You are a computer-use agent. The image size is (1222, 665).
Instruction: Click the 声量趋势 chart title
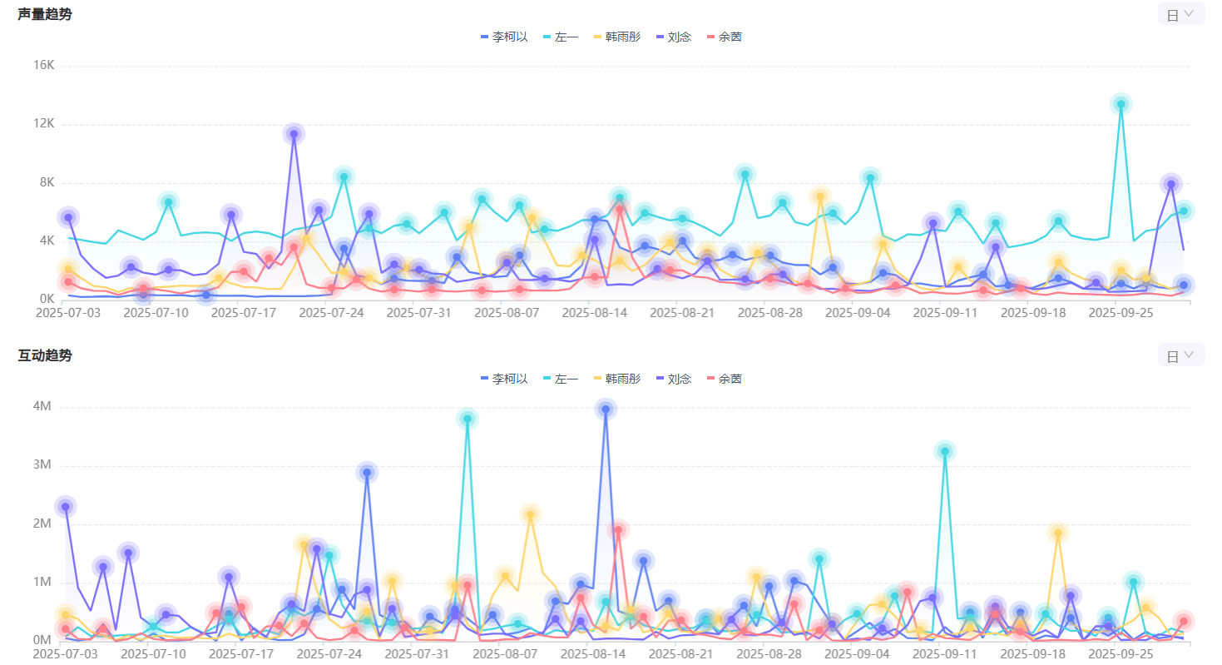pyautogui.click(x=45, y=14)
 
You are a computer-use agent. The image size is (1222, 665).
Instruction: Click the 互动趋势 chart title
pyautogui.click(x=45, y=355)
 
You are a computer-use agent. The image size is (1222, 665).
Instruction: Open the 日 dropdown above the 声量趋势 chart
pyautogui.click(x=1180, y=14)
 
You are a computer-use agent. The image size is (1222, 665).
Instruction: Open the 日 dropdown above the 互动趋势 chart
pyautogui.click(x=1180, y=355)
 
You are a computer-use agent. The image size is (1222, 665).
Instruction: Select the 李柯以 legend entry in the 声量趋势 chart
pyautogui.click(x=504, y=37)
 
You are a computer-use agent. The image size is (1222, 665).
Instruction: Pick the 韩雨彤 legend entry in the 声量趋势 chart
pyautogui.click(x=617, y=37)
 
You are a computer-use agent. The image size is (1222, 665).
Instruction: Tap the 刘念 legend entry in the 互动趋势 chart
pyautogui.click(x=674, y=379)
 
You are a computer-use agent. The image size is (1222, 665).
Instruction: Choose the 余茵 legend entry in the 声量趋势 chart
pyautogui.click(x=724, y=37)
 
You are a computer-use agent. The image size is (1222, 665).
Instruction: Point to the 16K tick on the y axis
pyautogui.click(x=43, y=66)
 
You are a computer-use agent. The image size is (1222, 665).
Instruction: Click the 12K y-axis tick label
pyautogui.click(x=43, y=124)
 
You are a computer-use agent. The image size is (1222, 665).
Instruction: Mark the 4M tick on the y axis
pyautogui.click(x=41, y=407)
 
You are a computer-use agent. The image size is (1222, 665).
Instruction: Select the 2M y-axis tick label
pyautogui.click(x=41, y=524)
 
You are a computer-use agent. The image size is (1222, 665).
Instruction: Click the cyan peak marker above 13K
pyautogui.click(x=1121, y=104)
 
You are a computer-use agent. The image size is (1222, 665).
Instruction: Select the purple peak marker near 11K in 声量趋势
pyautogui.click(x=294, y=133)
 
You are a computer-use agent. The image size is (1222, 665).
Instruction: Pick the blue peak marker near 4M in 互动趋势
pyautogui.click(x=606, y=409)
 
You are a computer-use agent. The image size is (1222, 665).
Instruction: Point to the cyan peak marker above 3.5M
pyautogui.click(x=468, y=419)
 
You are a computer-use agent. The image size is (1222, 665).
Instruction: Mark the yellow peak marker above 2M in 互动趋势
pyautogui.click(x=530, y=514)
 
